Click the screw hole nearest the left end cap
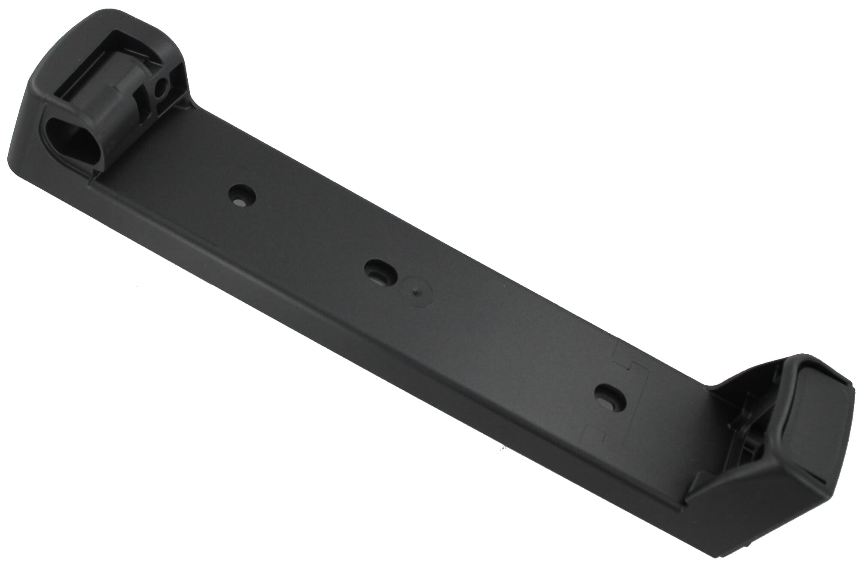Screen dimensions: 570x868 click(x=242, y=196)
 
